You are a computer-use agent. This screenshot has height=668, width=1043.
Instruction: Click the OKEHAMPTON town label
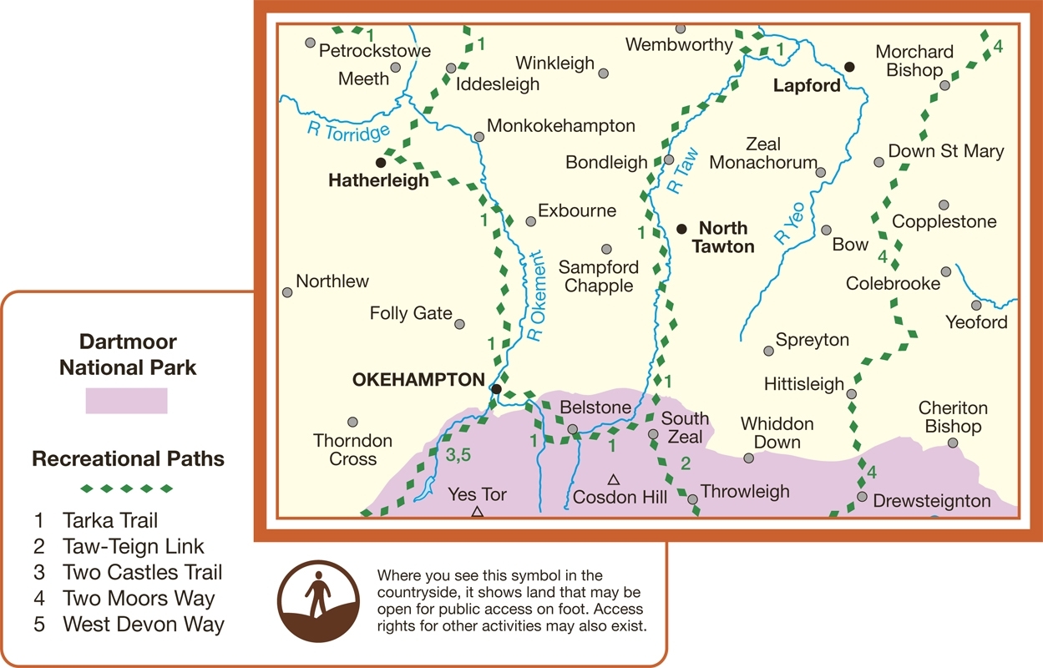point(418,380)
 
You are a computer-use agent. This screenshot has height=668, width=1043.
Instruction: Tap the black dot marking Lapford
point(849,67)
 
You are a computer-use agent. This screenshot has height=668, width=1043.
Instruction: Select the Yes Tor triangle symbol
point(477,511)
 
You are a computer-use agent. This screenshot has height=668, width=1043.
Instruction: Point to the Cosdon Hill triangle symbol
point(613,479)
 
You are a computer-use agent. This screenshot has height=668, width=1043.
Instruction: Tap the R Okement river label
point(538,297)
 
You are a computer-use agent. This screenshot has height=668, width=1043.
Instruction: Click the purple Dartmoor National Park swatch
point(126,401)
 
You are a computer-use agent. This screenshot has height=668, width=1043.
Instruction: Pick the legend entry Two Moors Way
point(139,599)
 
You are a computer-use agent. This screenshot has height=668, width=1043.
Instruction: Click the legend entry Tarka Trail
point(110,521)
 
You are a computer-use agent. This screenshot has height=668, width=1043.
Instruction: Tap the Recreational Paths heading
point(128,459)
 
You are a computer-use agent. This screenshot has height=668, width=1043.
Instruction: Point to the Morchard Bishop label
point(914,61)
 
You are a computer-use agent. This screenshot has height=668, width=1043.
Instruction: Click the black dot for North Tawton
point(681,228)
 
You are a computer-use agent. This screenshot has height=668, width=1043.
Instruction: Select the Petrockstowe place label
point(375,51)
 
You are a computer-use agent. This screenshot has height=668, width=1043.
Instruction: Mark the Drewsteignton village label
point(931,502)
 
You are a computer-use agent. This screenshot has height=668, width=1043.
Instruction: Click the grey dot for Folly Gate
point(459,324)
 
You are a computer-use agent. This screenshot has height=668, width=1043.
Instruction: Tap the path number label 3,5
point(459,456)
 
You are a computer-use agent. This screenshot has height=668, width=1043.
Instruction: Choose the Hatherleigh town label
point(378,180)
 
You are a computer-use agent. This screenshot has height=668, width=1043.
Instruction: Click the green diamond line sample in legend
point(127,488)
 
